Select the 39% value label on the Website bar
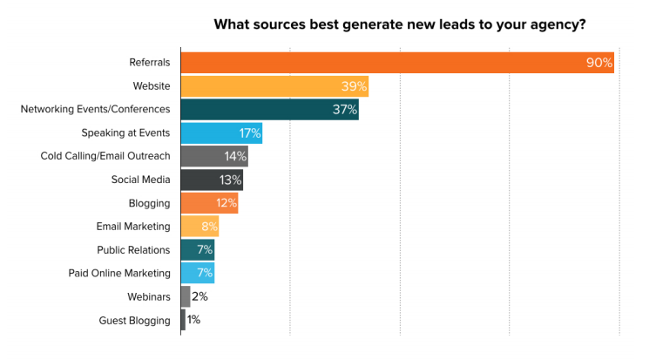coord(353,86)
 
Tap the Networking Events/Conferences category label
coord(95,110)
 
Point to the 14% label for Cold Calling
coord(235,157)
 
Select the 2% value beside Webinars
coord(200,296)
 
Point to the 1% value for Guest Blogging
coord(193,320)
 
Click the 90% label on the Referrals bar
coord(599,63)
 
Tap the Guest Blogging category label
coord(134,320)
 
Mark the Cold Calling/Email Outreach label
coord(105,157)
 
